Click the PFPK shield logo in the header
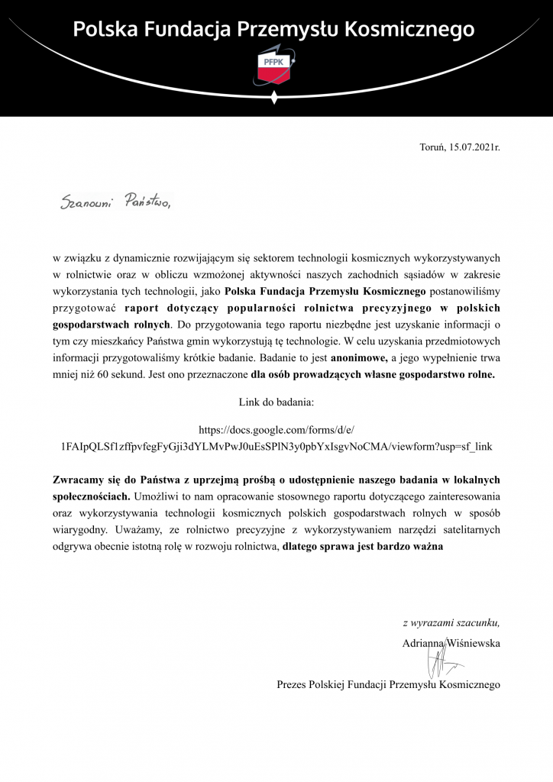276,67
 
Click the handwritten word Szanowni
86,204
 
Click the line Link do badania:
276,401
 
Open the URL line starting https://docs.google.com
276,430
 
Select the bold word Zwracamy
80,480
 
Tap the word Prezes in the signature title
293,685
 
